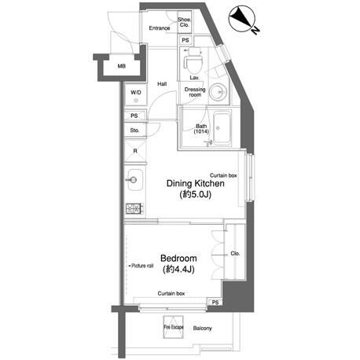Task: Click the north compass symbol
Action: tap(242, 19)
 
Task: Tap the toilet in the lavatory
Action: tap(193, 62)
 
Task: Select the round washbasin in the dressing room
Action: tap(218, 92)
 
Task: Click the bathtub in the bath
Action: tap(222, 128)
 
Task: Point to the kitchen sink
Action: tap(134, 180)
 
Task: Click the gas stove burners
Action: tap(134, 208)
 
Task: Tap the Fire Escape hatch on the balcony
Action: tap(174, 327)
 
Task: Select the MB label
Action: tap(122, 66)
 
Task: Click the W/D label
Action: tap(136, 92)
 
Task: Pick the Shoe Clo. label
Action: tap(184, 22)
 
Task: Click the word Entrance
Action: tap(160, 28)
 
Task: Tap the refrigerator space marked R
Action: tap(135, 151)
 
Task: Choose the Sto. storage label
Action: tap(134, 130)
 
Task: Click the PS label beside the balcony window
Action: tap(215, 303)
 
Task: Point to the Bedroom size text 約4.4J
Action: tap(178, 270)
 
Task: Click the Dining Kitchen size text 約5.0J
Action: tap(196, 194)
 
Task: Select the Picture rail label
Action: tap(141, 266)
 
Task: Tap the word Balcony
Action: tap(202, 329)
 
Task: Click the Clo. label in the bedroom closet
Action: tap(235, 253)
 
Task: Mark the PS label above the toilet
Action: tap(186, 40)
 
